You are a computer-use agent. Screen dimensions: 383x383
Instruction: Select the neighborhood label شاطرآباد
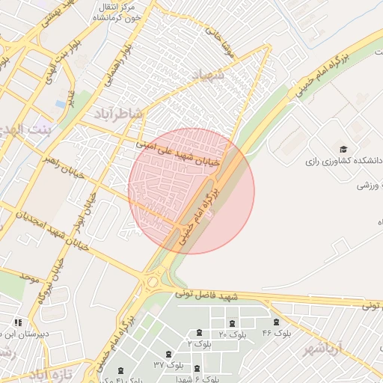[118, 112]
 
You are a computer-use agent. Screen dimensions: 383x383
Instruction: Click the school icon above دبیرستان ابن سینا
[17, 322]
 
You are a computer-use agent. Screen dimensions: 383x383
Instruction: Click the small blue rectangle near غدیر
[60, 103]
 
